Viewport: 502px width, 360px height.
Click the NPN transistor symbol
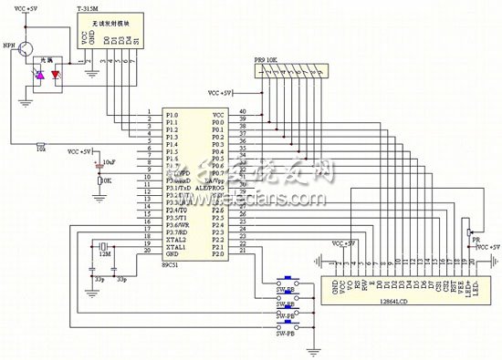[26, 48]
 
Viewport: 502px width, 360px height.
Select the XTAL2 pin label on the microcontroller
[176, 239]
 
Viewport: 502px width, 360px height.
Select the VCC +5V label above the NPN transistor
[28, 8]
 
